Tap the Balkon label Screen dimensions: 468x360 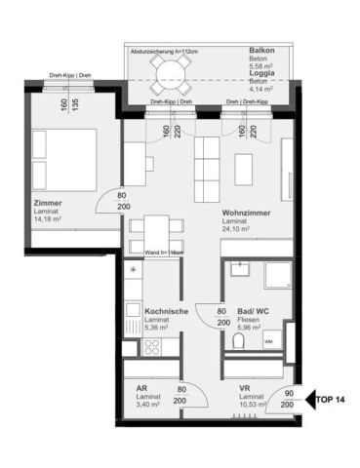tap(261, 50)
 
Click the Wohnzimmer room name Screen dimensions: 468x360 tap(245, 212)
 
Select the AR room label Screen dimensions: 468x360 tap(142, 389)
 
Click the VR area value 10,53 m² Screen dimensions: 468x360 tap(252, 407)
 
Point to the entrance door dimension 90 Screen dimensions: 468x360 tap(288, 393)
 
